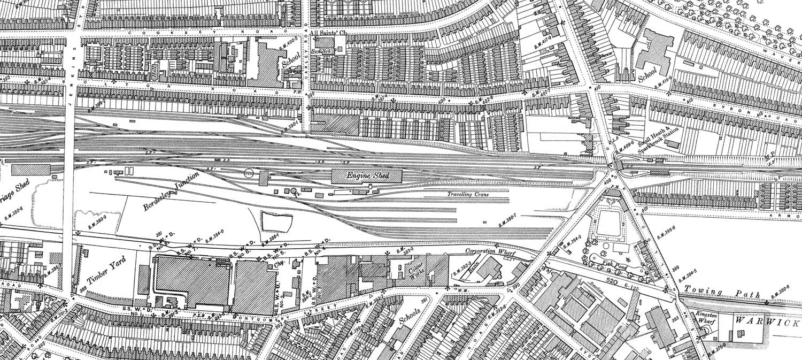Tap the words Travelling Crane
tap(468, 195)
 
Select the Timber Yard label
tap(106, 270)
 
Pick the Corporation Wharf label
tap(486, 250)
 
